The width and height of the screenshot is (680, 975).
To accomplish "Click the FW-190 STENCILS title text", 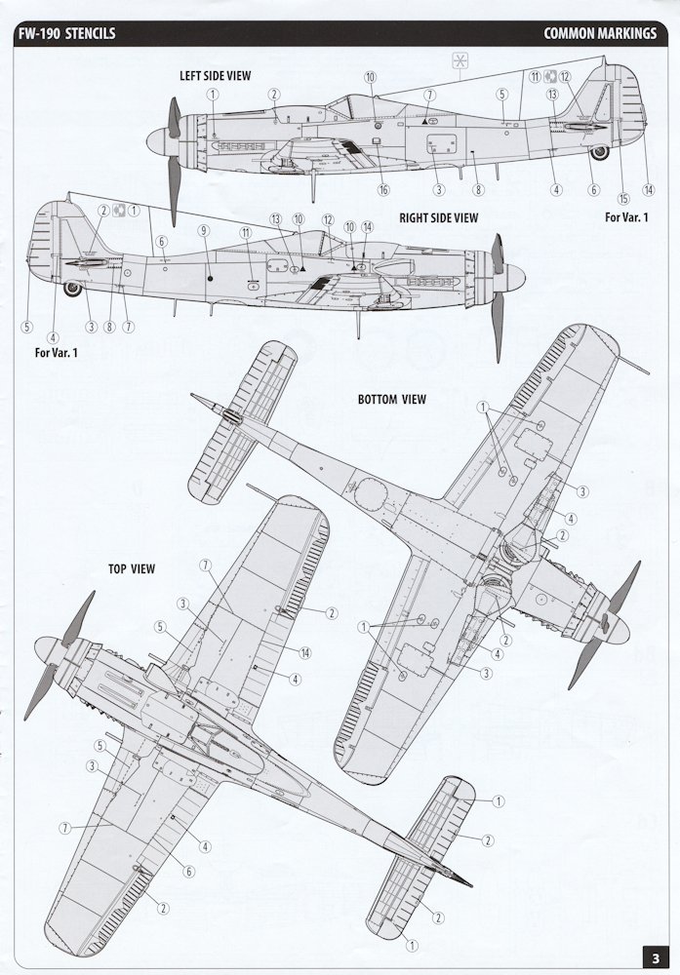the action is [66, 33].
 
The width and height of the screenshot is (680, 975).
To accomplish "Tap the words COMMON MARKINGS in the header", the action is [600, 33].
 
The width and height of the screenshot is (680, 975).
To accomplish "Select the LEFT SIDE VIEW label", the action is [216, 76].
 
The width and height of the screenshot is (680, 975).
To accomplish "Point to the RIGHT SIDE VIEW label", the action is [439, 218].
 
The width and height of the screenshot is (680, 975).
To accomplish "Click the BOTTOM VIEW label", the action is [392, 399].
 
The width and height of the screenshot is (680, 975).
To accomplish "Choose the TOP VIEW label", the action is [132, 569].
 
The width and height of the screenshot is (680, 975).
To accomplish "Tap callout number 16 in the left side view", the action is [383, 190].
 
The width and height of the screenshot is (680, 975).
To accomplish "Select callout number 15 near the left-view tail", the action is [623, 198].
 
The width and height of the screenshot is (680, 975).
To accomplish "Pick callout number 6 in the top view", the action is [188, 872].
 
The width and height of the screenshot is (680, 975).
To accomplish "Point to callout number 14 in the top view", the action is [304, 653].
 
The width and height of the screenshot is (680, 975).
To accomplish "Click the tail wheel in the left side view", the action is [600, 152].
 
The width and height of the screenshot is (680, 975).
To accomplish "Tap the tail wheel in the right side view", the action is [73, 289].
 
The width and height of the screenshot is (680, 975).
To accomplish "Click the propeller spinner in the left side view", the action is [158, 140].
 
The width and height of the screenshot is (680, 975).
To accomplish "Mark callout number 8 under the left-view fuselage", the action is [478, 190].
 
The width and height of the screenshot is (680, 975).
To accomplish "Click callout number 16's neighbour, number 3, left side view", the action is [439, 190].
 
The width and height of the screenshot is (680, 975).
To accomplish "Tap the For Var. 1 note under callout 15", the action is [626, 217].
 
